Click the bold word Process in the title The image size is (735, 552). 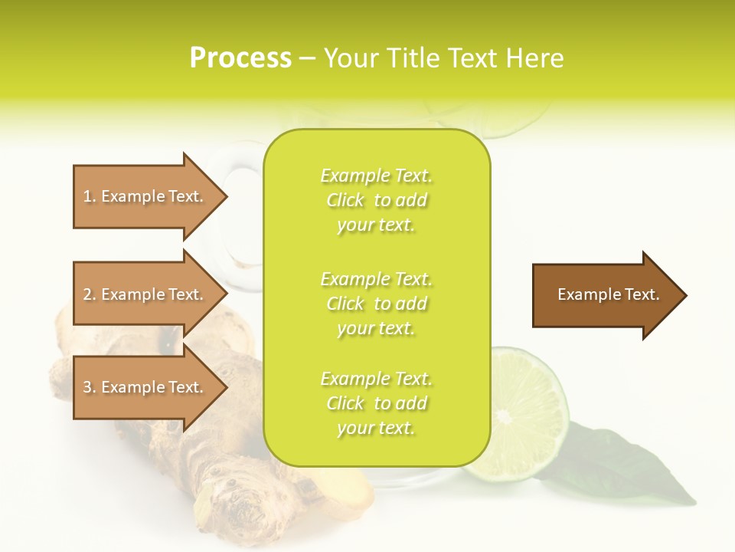tap(240, 58)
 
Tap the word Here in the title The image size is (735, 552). tap(532, 58)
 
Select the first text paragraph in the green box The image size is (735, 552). tap(376, 200)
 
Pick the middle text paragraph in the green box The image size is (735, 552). tap(376, 303)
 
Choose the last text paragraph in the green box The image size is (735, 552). tap(376, 403)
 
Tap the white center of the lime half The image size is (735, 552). tap(503, 417)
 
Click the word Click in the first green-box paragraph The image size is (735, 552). tap(345, 200)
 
